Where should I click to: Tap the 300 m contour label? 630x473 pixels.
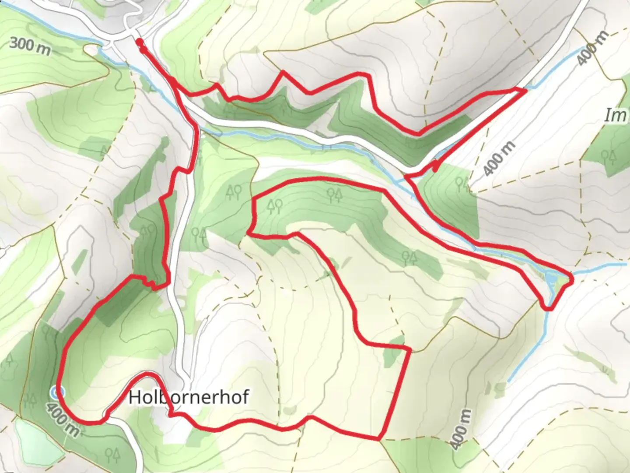point(30,45)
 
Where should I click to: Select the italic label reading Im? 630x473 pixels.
point(615,116)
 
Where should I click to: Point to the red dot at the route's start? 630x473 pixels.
point(139,42)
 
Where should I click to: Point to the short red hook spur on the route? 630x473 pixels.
point(436,166)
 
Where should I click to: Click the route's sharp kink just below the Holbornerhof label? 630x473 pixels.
point(170,413)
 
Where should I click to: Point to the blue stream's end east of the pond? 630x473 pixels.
point(626,264)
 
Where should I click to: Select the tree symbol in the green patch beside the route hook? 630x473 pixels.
point(462,184)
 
